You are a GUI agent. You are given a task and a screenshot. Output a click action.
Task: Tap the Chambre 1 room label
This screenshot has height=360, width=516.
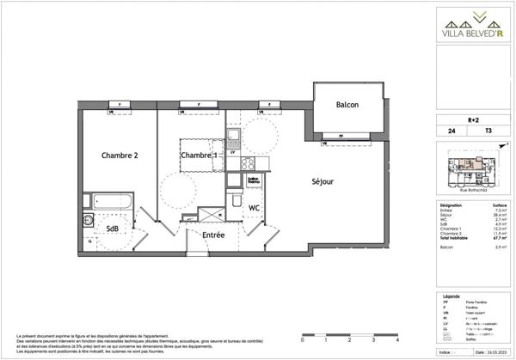tap(197, 155)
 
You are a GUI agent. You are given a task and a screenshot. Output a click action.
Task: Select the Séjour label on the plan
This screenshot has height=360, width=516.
tap(322, 181)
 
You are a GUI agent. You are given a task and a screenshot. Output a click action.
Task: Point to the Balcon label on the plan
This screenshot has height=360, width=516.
tap(347, 106)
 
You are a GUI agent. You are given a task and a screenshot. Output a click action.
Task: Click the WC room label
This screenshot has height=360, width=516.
tap(255, 208)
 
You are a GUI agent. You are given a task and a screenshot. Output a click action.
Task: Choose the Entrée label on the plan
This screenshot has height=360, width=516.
tap(213, 234)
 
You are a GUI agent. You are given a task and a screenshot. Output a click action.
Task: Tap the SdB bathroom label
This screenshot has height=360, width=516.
tap(113, 228)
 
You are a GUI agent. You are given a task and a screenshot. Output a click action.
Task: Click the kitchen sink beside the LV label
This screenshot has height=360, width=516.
tap(233, 137)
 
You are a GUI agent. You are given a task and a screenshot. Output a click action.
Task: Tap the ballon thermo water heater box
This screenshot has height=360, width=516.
tap(230, 180)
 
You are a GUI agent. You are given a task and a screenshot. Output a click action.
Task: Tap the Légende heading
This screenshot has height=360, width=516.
tap(451, 294)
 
